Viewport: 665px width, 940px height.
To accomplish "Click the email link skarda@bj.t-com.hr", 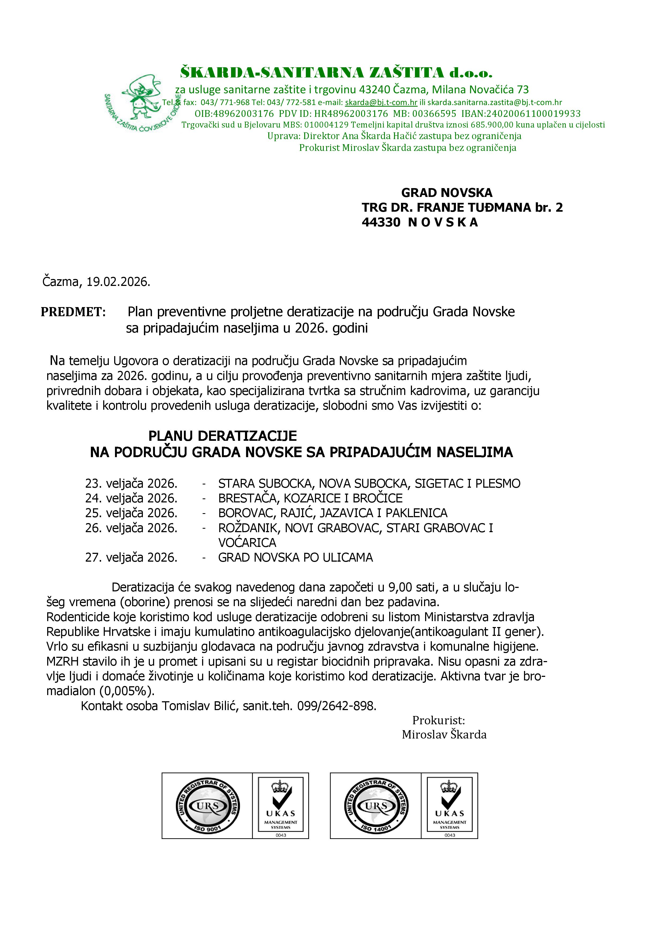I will (381, 102).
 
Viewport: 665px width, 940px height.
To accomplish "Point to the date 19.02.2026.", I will (118, 282).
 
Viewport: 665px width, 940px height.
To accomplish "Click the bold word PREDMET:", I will (73, 312).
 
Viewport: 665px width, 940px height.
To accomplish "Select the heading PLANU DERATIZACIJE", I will (222, 436).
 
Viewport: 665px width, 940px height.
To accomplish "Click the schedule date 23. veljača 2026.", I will (131, 483).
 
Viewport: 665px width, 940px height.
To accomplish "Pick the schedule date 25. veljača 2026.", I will (131, 513).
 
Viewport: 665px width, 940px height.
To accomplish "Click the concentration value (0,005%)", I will (127, 691).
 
